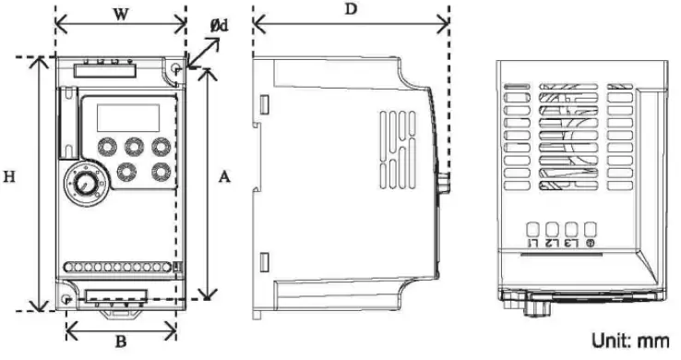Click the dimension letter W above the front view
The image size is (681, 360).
120,14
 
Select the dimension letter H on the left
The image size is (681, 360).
11,176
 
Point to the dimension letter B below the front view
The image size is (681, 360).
120,342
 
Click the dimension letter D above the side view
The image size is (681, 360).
351,10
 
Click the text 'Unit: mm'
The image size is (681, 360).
630,341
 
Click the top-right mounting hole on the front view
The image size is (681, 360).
176,69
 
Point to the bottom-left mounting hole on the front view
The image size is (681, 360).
66,300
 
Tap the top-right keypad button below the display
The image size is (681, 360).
162,146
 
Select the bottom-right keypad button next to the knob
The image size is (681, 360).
162,171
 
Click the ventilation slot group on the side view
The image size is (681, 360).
400,148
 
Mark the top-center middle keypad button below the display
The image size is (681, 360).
133,146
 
